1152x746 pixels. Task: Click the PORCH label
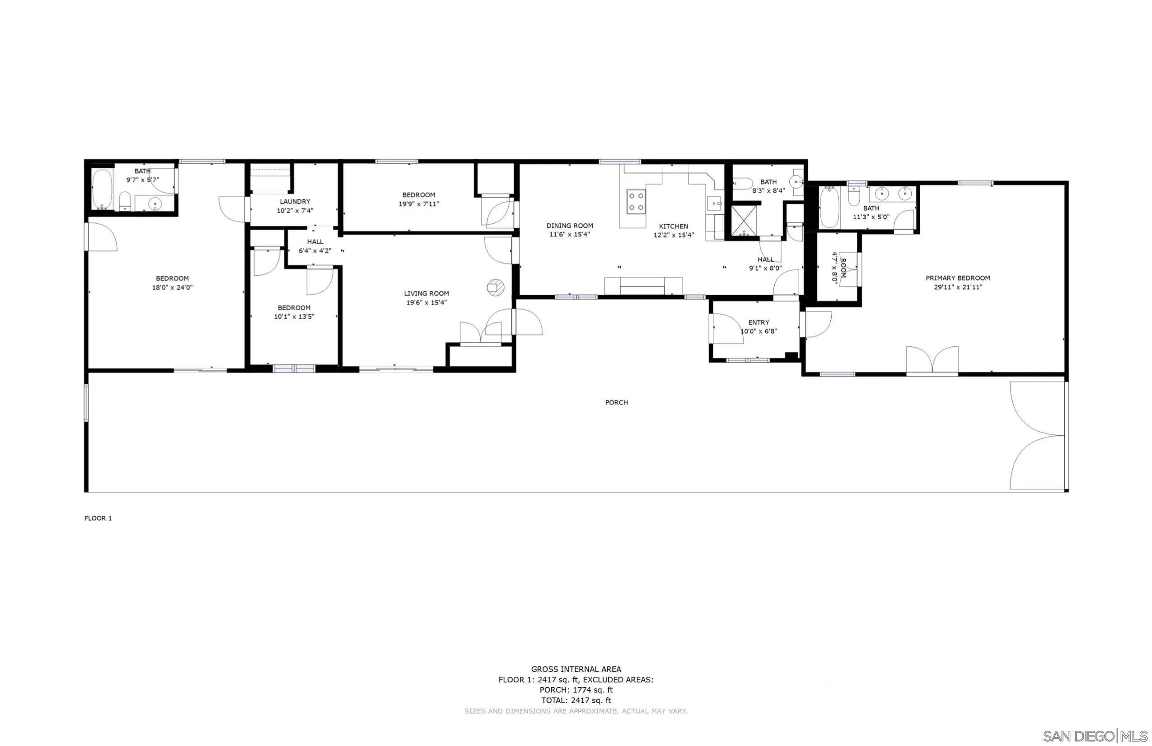[616, 402]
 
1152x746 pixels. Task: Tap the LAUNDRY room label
[295, 202]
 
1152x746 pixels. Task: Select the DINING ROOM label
[569, 226]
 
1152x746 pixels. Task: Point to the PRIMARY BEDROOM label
[957, 278]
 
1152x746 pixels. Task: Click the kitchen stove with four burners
[636, 202]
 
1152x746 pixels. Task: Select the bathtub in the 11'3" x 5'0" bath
[829, 207]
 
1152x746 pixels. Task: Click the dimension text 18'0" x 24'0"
[172, 287]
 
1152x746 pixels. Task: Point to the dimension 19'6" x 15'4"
[426, 303]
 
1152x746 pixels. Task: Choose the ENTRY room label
[759, 323]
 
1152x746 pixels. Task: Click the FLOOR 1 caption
[98, 518]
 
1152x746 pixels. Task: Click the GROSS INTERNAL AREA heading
[576, 670]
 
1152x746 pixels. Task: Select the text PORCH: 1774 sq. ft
[576, 690]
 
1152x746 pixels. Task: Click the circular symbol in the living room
[496, 288]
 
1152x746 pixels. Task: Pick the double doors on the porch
[1037, 435]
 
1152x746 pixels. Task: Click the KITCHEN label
[673, 226]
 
